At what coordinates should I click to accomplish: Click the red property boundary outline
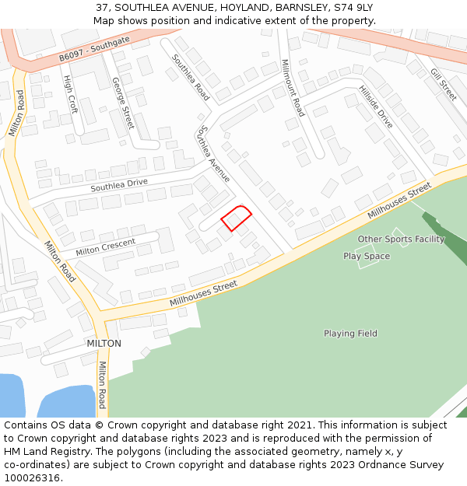click(x=237, y=218)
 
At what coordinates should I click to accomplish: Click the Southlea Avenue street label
click(x=214, y=154)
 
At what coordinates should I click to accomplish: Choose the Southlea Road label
click(x=191, y=76)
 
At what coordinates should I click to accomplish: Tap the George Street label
click(x=123, y=102)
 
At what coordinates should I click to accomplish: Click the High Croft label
click(x=71, y=94)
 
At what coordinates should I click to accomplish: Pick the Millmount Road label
click(x=293, y=87)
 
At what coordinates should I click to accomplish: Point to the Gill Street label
click(x=443, y=84)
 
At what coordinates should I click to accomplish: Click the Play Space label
click(x=367, y=256)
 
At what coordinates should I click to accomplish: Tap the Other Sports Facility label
click(x=401, y=239)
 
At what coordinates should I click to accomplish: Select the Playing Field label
click(x=350, y=334)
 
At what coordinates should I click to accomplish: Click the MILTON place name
click(x=104, y=343)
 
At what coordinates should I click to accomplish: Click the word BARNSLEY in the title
click(x=289, y=7)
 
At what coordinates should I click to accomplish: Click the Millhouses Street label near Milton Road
click(x=202, y=292)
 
